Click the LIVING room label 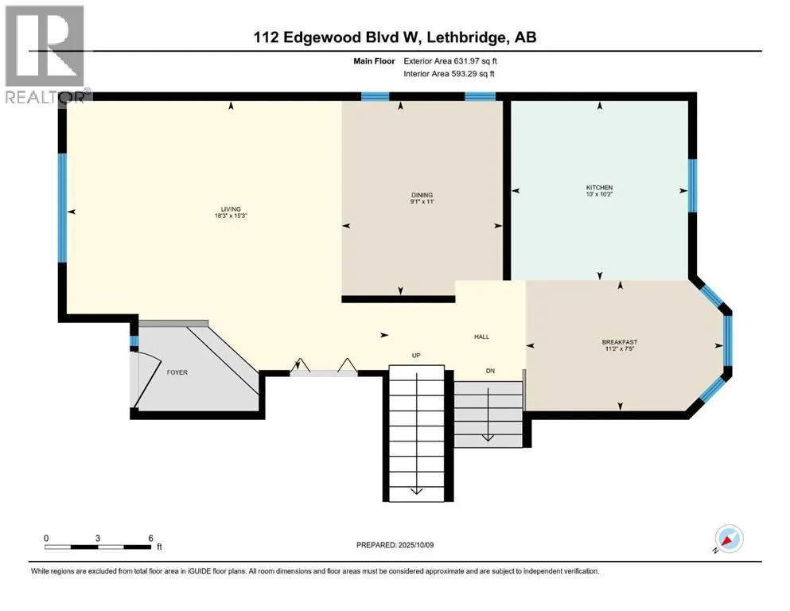coord(231,209)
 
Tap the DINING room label coord(422,195)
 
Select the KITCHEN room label coord(600,188)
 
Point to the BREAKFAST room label coord(620,342)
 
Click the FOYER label coord(177,372)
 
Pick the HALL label coord(481,337)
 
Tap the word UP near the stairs coord(416,355)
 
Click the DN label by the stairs coord(490,371)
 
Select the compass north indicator coord(729,539)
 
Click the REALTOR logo coord(46,54)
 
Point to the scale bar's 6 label coord(150,538)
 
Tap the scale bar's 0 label coord(46,538)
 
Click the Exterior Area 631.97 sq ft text coord(450,61)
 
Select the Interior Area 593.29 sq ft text coord(449,73)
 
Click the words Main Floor coord(374,61)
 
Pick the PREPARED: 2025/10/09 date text coord(395,545)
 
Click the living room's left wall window coord(63,208)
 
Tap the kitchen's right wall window coord(693,185)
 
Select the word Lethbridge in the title coord(469,37)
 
